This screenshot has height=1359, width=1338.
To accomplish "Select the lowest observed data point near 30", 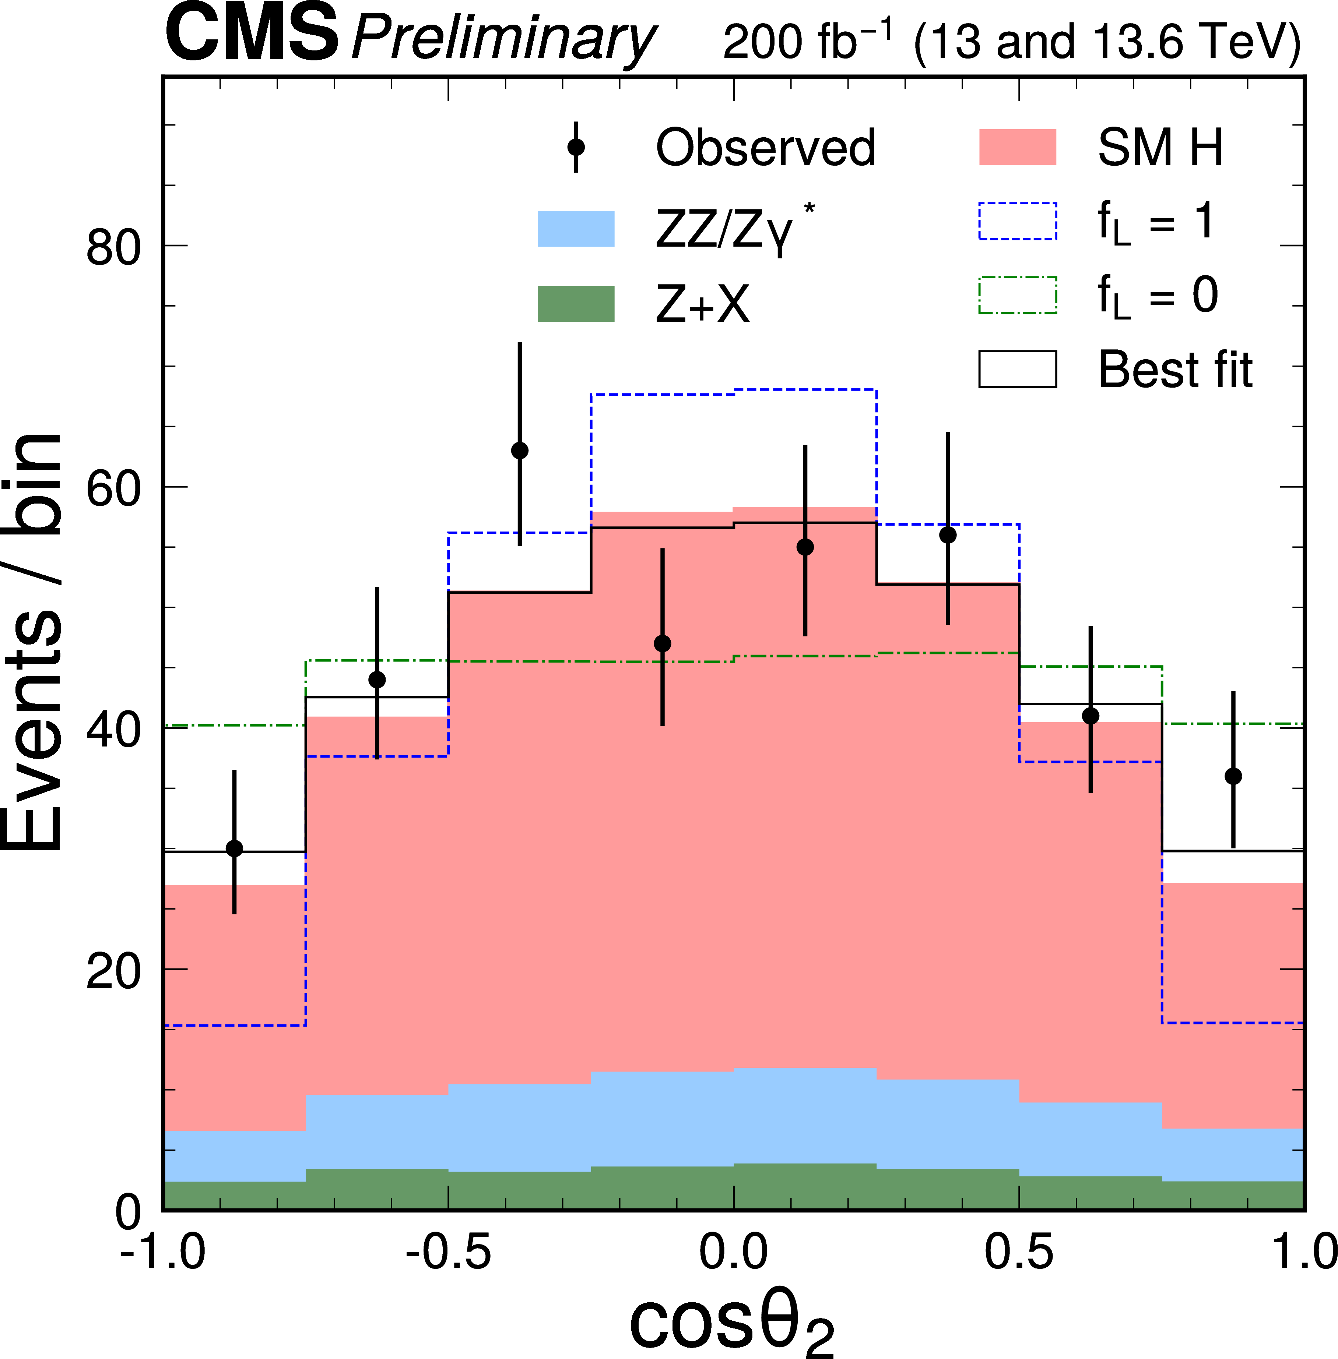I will [235, 848].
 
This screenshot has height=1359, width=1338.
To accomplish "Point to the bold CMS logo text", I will [252, 35].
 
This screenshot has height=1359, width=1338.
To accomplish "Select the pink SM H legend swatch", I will [1018, 148].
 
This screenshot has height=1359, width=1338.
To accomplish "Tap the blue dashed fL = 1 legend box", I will [1018, 221].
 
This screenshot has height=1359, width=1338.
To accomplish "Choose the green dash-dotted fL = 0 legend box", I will [1018, 295].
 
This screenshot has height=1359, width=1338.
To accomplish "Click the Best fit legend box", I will [1018, 369].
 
